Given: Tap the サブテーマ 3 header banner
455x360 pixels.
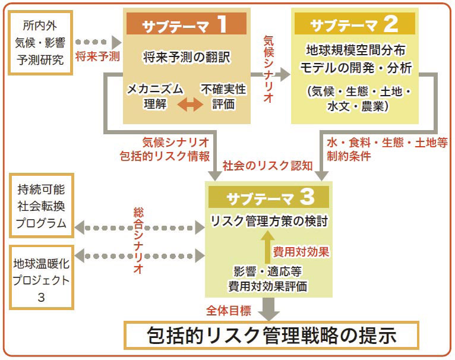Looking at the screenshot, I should tap(269, 195).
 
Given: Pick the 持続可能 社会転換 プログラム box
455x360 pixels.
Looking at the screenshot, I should tap(41, 209).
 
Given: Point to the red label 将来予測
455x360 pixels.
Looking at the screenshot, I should tap(98, 57).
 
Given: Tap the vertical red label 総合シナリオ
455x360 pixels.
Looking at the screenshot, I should tap(138, 240).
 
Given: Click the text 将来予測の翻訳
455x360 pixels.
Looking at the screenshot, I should tap(186, 58).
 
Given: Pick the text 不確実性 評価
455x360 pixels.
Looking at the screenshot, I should tap(223, 97).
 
